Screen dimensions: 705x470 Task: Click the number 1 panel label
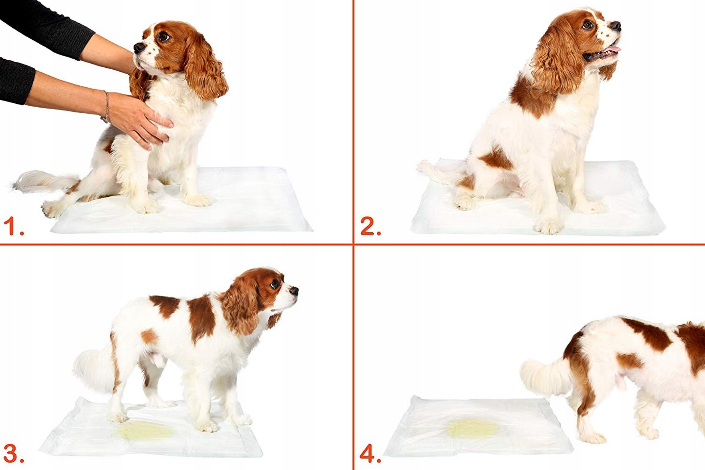(13, 226)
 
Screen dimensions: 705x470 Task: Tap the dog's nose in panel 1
(138, 48)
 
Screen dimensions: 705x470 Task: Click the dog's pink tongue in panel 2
(613, 49)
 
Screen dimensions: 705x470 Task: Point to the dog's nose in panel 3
(294, 290)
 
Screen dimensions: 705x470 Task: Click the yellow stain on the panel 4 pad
(474, 428)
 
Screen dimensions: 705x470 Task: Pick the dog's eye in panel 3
(275, 284)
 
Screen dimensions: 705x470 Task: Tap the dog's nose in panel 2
(615, 26)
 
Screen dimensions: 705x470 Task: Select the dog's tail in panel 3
(94, 369)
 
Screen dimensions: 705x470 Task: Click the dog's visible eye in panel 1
(164, 37)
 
